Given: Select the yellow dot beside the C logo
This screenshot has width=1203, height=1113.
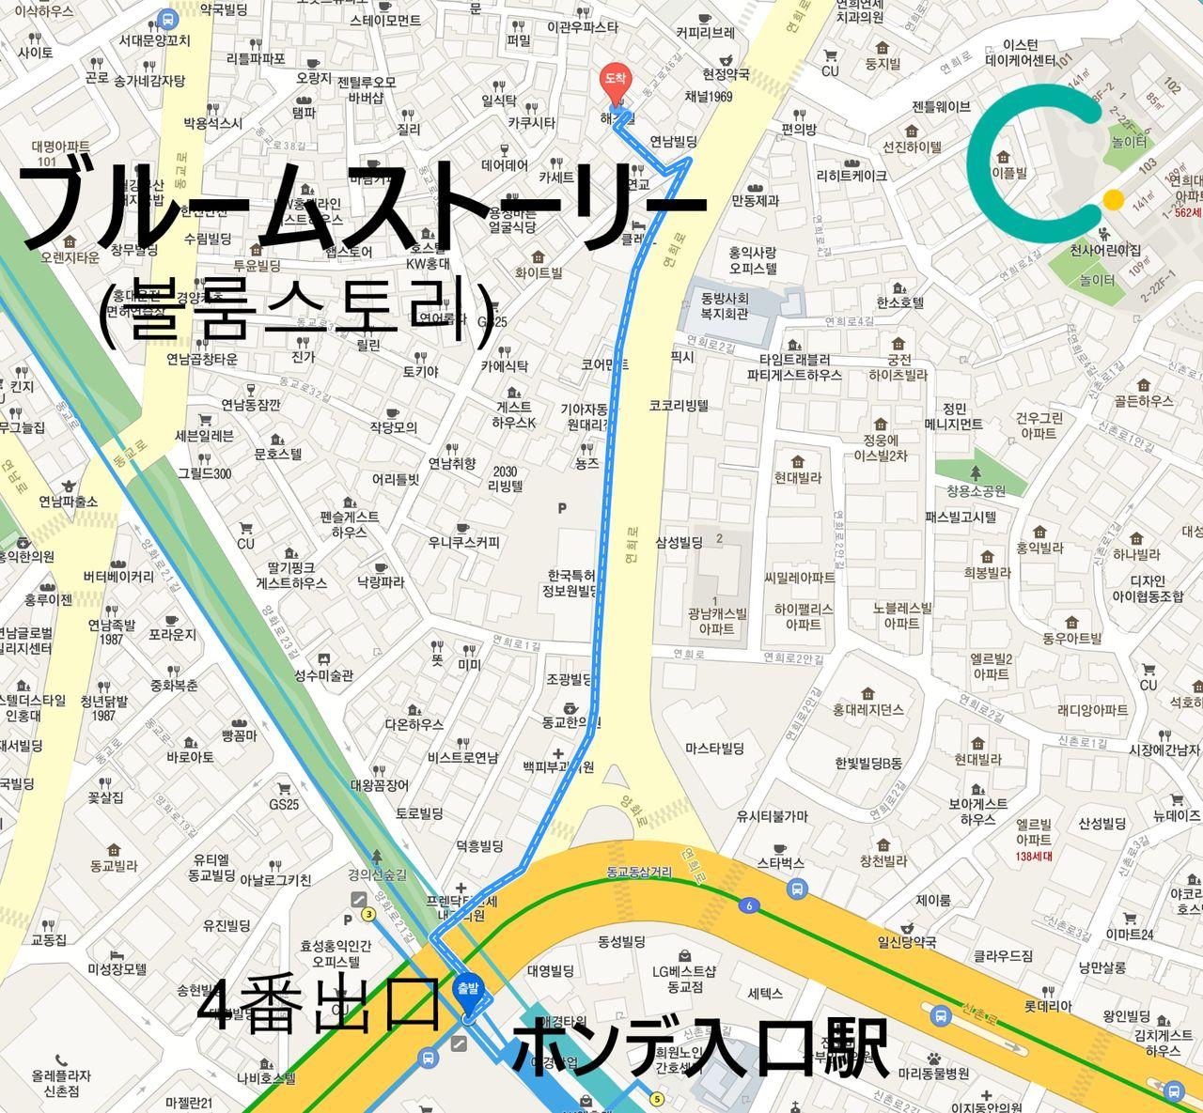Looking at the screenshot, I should coord(1113,200).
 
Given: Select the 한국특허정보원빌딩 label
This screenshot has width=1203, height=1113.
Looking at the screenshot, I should coord(571,582).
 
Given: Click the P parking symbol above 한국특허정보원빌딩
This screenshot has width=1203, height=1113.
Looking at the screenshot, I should coord(562,508).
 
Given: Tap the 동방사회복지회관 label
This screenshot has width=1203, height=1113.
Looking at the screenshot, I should coord(724,306).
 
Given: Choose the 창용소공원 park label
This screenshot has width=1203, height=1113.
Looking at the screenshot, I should coord(976,490).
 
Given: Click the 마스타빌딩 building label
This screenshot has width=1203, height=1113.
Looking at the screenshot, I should coord(714,749).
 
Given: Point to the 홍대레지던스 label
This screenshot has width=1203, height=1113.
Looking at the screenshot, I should coord(867,709).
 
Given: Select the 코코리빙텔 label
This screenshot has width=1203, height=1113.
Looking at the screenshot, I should coord(679,406).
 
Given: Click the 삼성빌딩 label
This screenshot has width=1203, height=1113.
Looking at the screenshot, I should coord(679,542).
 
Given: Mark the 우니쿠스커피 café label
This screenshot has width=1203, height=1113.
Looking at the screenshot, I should coord(464,542).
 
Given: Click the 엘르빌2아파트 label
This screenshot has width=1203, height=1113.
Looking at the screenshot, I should coord(992,666).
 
